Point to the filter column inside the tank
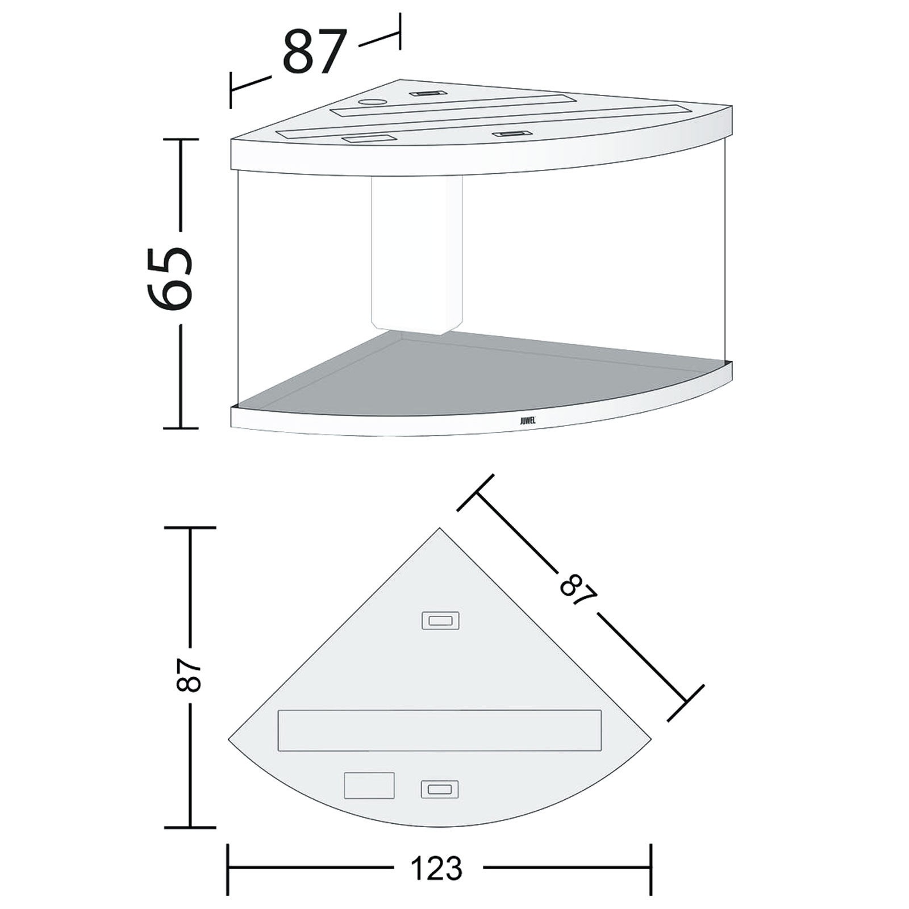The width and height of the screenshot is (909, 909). tap(416, 256)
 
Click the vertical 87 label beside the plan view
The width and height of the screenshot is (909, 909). tap(189, 676)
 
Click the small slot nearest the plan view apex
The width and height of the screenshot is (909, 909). tap(440, 620)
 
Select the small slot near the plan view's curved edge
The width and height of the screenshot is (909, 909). tap(440, 789)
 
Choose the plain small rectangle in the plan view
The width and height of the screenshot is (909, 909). tap(369, 785)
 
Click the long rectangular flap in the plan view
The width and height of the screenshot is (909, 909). tap(439, 730)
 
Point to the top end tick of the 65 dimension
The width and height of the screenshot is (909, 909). tap(181, 140)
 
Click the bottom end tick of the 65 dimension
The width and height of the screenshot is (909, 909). tap(181, 428)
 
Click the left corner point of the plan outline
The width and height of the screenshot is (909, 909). tap(229, 739)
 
